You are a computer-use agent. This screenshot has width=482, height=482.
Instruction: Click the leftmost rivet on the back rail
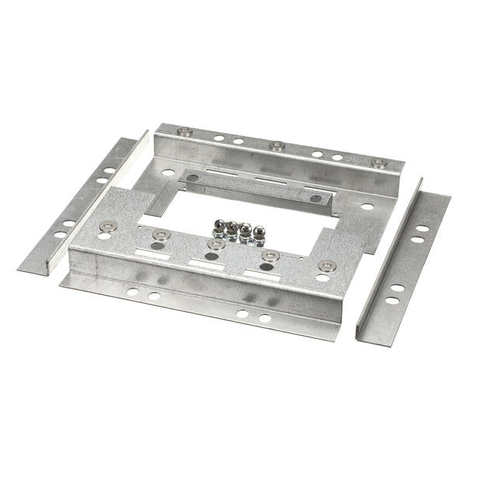point(184,131)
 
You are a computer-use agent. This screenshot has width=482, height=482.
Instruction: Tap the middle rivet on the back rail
point(276,145)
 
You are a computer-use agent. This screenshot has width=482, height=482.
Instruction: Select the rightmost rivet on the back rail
point(379,163)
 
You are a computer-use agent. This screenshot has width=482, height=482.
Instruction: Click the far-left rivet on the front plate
point(108,226)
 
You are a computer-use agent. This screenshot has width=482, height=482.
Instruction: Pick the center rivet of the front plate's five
point(216,244)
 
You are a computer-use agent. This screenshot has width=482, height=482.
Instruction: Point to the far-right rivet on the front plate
point(327,265)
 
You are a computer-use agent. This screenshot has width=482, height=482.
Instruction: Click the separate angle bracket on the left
point(78,206)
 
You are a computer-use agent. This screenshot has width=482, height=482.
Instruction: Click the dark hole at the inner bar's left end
point(193,177)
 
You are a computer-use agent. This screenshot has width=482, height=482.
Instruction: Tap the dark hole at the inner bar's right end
point(316,198)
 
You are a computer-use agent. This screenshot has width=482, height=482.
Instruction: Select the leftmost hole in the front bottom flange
point(133,292)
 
